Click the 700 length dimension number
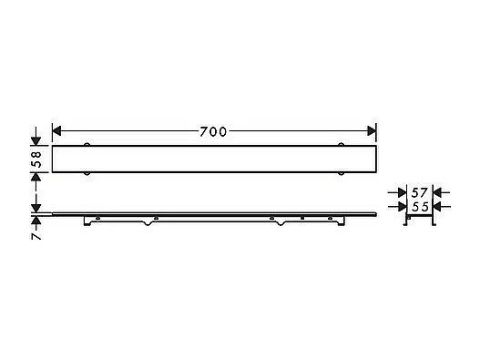click(x=213, y=130)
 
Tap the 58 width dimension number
click(x=36, y=159)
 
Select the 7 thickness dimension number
click(x=36, y=234)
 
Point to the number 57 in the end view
click(x=421, y=193)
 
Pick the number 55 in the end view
click(x=421, y=208)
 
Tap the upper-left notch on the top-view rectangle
click(x=87, y=145)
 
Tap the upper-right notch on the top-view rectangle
click(x=342, y=145)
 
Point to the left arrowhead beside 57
click(x=403, y=193)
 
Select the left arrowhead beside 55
click(x=404, y=208)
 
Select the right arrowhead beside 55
click(x=437, y=208)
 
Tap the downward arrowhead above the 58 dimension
click(x=36, y=140)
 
